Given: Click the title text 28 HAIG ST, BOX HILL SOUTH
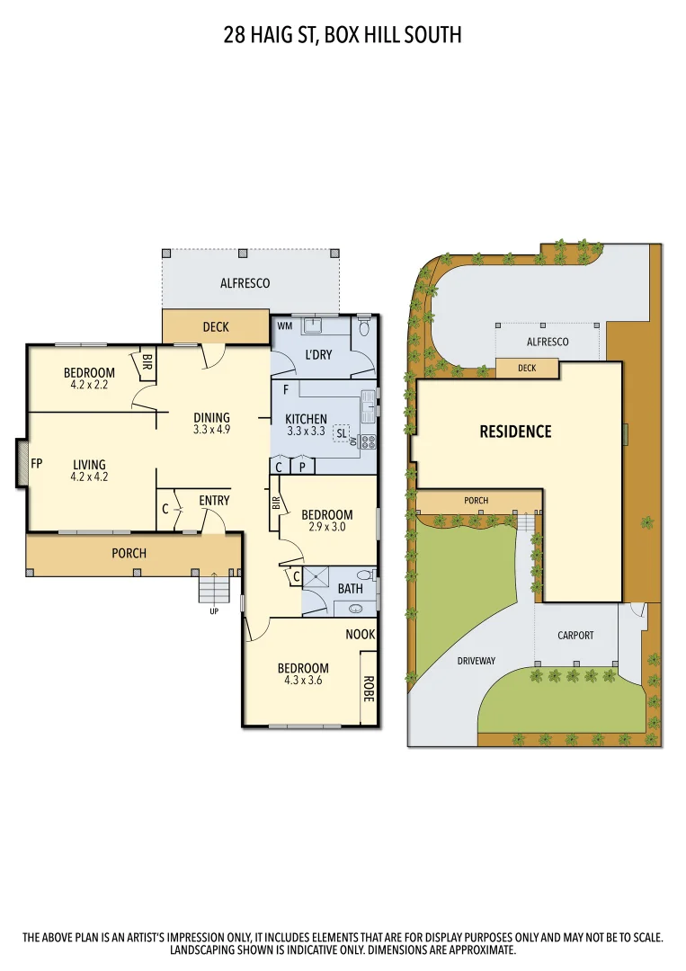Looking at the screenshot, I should point(343,35).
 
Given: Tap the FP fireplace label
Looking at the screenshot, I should point(37,464).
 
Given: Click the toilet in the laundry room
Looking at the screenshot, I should point(363,327).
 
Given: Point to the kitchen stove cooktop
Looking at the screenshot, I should point(367,441).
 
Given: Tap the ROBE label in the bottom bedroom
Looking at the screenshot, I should point(368,689).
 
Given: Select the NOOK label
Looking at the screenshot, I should point(361,634).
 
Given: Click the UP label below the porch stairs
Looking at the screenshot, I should point(214,611).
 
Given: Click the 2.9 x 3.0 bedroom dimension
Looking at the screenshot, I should point(327,528).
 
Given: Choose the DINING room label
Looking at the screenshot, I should point(212,417).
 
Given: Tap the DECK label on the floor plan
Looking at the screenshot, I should point(216,327).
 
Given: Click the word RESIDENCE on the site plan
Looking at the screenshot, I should point(515,432).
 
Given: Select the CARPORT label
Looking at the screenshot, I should point(575,635).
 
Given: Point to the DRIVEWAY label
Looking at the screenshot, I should point(476,661).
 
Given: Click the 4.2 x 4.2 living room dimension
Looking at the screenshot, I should point(89,477).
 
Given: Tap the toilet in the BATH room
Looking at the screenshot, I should point(364,575).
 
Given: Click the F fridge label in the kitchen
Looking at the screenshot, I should point(285,390).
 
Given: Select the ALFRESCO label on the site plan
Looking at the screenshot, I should point(548,342).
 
